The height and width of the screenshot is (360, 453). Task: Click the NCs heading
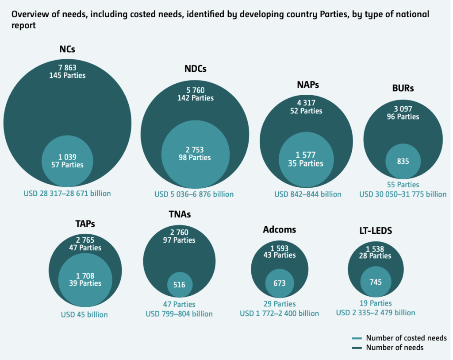click(67, 49)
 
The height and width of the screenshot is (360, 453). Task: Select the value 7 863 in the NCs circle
click(67, 67)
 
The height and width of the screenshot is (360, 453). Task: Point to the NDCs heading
click(196, 69)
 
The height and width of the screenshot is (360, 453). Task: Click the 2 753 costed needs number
click(195, 150)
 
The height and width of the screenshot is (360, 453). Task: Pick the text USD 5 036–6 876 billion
click(194, 194)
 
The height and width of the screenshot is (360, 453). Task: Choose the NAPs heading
click(308, 85)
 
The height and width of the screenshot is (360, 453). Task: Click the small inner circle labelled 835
click(403, 162)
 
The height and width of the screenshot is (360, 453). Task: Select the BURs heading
click(403, 88)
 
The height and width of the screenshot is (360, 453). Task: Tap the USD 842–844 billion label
click(308, 194)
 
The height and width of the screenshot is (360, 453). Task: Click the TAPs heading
click(85, 223)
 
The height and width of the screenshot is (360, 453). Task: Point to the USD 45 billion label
click(84, 315)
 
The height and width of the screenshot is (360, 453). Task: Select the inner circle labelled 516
click(179, 285)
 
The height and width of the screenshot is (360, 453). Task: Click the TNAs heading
click(179, 214)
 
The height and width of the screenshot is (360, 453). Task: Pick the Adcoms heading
click(279, 229)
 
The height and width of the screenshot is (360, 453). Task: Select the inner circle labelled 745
click(376, 282)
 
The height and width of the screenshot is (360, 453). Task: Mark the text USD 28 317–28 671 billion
click(67, 194)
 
